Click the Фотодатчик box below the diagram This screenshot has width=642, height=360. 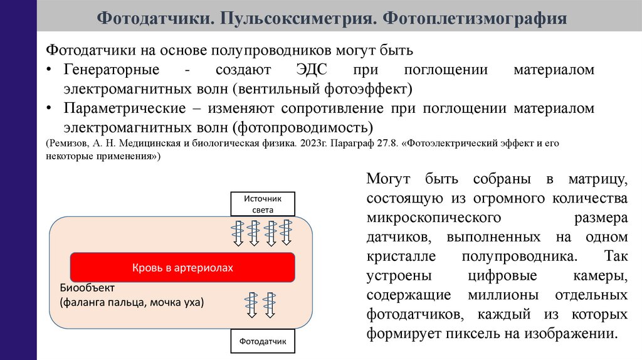pyautogui.click(x=263, y=342)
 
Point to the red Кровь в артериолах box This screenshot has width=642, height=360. pyautogui.click(x=182, y=268)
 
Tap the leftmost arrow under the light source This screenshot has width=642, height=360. pyautogui.click(x=238, y=233)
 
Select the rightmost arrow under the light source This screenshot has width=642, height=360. pyautogui.click(x=287, y=233)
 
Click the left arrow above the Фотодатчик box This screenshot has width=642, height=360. pyautogui.click(x=253, y=305)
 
